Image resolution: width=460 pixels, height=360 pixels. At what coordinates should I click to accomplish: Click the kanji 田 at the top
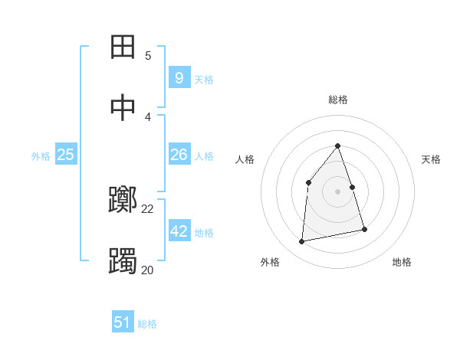(x=124, y=47)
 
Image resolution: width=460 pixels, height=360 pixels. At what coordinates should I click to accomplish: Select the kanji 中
(x=124, y=107)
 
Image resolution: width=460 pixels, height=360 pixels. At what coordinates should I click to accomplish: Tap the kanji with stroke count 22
(x=124, y=201)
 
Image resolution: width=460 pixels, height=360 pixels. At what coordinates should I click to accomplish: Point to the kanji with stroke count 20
(x=124, y=261)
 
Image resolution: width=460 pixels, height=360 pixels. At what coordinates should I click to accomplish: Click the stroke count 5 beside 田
(x=148, y=56)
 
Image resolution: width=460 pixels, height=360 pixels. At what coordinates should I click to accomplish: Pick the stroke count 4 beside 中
(x=148, y=116)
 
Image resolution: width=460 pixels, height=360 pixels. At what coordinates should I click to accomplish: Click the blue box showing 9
(x=179, y=77)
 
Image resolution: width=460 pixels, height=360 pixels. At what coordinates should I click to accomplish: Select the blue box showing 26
(x=179, y=155)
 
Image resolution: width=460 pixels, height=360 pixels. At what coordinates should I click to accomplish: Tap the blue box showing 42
(x=179, y=231)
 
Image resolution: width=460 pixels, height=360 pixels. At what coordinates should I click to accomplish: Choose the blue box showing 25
(x=66, y=155)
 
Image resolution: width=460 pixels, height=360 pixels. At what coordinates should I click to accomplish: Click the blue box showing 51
(x=123, y=322)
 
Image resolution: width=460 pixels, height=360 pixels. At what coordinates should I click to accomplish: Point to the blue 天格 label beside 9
(x=204, y=80)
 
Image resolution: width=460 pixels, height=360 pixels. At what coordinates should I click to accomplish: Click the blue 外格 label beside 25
(x=41, y=156)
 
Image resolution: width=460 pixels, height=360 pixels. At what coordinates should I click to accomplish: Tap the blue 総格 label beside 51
(x=147, y=324)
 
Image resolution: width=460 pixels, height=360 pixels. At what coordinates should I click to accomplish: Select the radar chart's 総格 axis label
(x=338, y=100)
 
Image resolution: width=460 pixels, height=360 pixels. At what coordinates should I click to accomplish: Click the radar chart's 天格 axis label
(x=432, y=159)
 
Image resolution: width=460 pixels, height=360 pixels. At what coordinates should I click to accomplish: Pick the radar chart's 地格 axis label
(x=402, y=262)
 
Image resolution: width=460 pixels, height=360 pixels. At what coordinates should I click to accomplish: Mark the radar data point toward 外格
(x=302, y=242)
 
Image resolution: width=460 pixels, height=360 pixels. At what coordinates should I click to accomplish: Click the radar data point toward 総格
(x=338, y=146)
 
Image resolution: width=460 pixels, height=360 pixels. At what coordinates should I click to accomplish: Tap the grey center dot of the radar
(x=338, y=191)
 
